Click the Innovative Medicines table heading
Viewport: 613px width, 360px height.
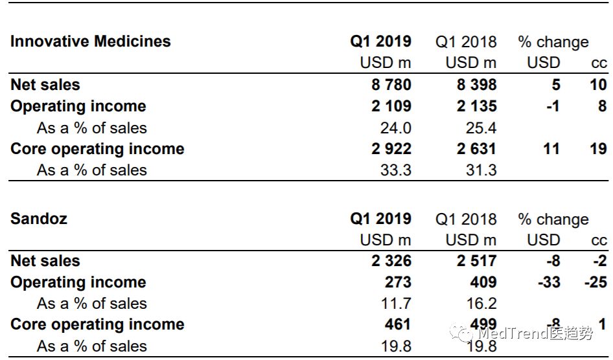(x=91, y=41)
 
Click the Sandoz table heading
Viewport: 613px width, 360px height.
(x=39, y=218)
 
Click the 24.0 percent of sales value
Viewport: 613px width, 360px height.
(x=395, y=128)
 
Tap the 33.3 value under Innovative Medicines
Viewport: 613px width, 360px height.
(x=395, y=170)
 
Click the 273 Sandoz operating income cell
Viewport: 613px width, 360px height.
(x=397, y=282)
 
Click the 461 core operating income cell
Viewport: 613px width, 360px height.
(x=397, y=324)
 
